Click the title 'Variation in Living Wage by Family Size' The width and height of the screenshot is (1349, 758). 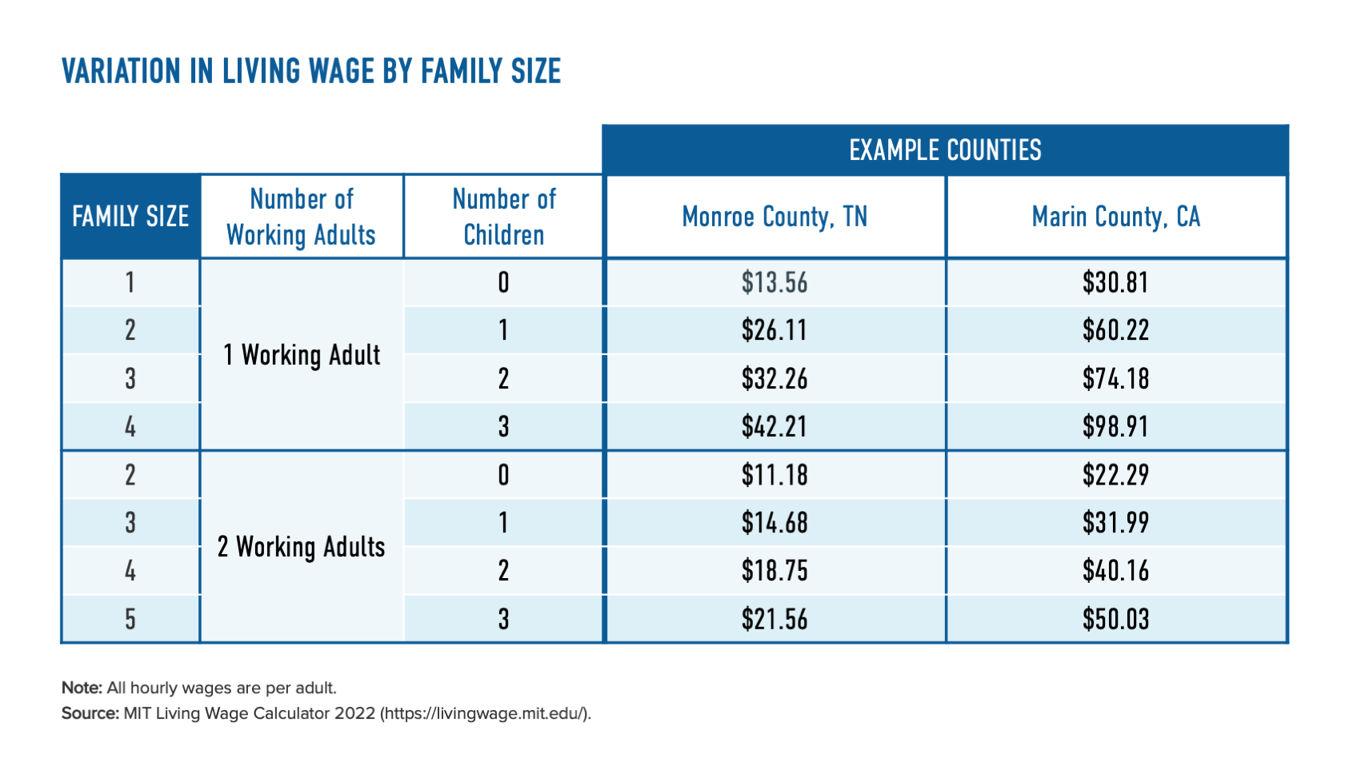(x=311, y=71)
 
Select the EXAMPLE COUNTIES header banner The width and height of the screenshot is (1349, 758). (x=945, y=150)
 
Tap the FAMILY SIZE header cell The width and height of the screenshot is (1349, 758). (x=130, y=217)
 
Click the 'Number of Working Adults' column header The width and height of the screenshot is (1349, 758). (x=302, y=217)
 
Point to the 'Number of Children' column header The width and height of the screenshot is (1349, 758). (x=503, y=217)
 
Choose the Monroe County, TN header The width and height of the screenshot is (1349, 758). (x=775, y=217)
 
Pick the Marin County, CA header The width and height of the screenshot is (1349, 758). (x=1116, y=217)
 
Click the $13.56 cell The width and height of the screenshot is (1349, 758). (x=775, y=282)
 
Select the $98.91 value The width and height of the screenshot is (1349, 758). (x=1116, y=426)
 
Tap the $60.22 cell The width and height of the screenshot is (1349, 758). (x=1116, y=330)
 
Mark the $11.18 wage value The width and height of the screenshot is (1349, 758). (x=775, y=475)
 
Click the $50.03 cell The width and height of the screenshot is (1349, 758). (x=1116, y=619)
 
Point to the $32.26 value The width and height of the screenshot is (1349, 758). (x=775, y=378)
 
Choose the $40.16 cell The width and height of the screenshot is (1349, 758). (x=1116, y=571)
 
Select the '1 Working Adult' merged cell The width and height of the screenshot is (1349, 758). (x=302, y=355)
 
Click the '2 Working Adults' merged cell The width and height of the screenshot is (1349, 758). (x=302, y=547)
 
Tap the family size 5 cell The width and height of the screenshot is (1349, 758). (x=130, y=619)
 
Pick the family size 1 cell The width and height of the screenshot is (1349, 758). (x=130, y=282)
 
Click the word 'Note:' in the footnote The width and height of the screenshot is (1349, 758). (x=82, y=688)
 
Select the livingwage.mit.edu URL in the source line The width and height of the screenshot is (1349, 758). (x=486, y=713)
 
